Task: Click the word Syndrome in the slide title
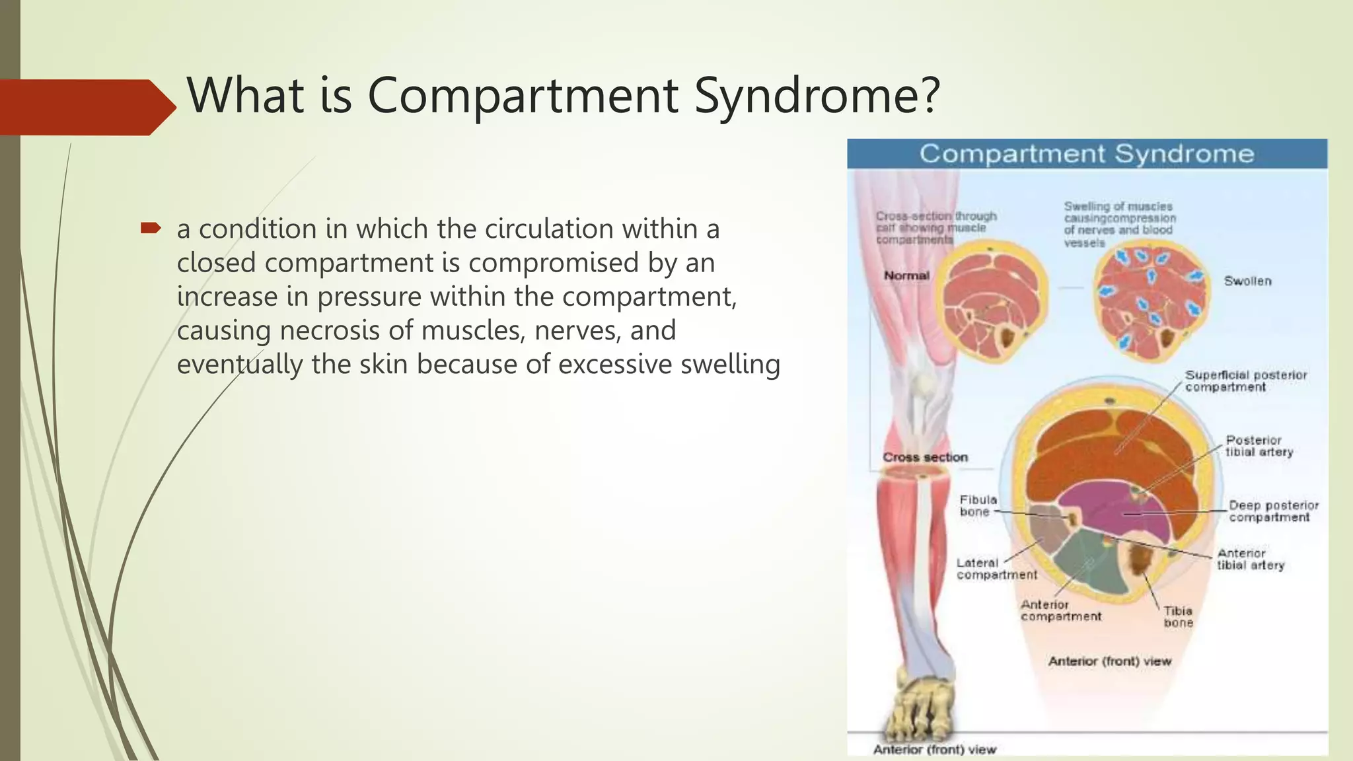point(817,96)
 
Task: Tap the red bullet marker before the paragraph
point(151,229)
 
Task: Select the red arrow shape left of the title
point(86,107)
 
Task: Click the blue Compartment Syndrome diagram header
point(1087,154)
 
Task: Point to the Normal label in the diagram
point(906,275)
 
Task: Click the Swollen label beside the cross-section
point(1247,281)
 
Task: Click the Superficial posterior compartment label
point(1245,381)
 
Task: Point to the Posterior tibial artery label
point(1259,446)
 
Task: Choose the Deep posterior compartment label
point(1273,511)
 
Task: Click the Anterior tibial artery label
point(1250,560)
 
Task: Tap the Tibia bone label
point(1178,617)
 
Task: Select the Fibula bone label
point(978,506)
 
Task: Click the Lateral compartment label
point(996,569)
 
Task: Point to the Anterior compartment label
point(1060,610)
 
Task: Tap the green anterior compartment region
point(1090,565)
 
